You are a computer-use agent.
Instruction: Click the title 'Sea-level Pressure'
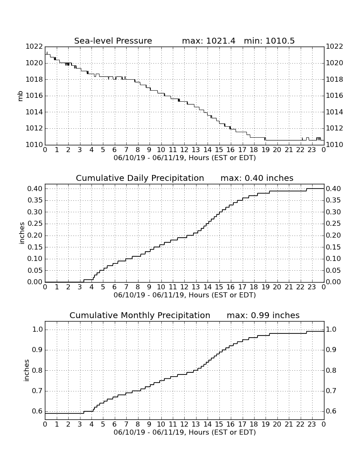(113, 41)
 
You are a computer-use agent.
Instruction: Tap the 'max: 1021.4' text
(208, 41)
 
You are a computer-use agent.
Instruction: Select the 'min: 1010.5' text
(269, 41)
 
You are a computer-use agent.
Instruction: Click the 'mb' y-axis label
(20, 96)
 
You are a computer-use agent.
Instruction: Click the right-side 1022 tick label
(335, 47)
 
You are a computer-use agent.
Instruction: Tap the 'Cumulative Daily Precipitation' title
(140, 178)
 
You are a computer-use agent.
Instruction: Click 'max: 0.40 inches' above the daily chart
(257, 178)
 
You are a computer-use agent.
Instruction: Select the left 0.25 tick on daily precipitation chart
(35, 224)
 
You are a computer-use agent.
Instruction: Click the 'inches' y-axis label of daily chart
(21, 233)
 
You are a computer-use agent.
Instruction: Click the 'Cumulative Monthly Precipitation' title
(140, 315)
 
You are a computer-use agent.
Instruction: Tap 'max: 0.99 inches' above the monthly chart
(263, 315)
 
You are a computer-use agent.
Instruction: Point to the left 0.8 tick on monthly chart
(37, 371)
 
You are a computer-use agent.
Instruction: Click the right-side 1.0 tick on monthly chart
(332, 330)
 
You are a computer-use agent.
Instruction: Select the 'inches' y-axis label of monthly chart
(26, 371)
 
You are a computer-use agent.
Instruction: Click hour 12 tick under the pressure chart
(184, 150)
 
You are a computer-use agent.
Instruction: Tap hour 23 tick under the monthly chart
(312, 424)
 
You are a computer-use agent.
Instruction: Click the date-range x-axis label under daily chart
(185, 295)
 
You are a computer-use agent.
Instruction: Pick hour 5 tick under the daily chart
(103, 287)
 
